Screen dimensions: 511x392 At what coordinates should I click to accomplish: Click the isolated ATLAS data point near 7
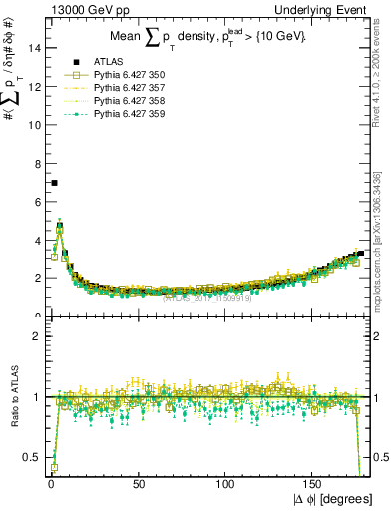coord(54,183)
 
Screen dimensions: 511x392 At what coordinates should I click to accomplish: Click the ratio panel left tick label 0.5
coord(31,458)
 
